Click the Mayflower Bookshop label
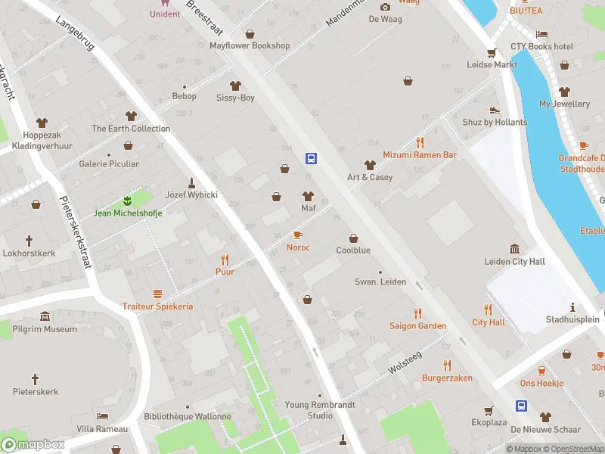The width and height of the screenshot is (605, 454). click(x=250, y=45)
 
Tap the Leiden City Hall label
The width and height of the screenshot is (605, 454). click(x=514, y=262)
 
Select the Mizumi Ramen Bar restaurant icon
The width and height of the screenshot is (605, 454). click(x=420, y=142)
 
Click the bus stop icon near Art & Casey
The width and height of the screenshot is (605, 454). click(x=311, y=158)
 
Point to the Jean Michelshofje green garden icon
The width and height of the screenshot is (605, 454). click(x=128, y=201)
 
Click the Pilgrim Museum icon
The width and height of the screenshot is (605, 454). click(x=45, y=316)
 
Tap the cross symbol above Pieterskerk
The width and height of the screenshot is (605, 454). click(x=35, y=378)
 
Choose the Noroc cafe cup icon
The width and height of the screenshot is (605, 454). click(x=297, y=235)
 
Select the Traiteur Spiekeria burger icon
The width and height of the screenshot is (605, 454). click(x=157, y=294)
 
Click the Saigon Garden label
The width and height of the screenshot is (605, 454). click(x=417, y=326)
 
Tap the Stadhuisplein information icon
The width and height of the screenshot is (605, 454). click(x=572, y=307)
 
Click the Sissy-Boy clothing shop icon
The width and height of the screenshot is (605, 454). click(x=235, y=86)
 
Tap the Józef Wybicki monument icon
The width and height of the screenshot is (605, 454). click(x=192, y=182)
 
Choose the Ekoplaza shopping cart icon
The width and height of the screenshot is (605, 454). click(x=489, y=410)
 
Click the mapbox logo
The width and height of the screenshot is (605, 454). click(x=33, y=444)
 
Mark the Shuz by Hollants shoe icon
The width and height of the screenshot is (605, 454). click(x=495, y=110)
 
